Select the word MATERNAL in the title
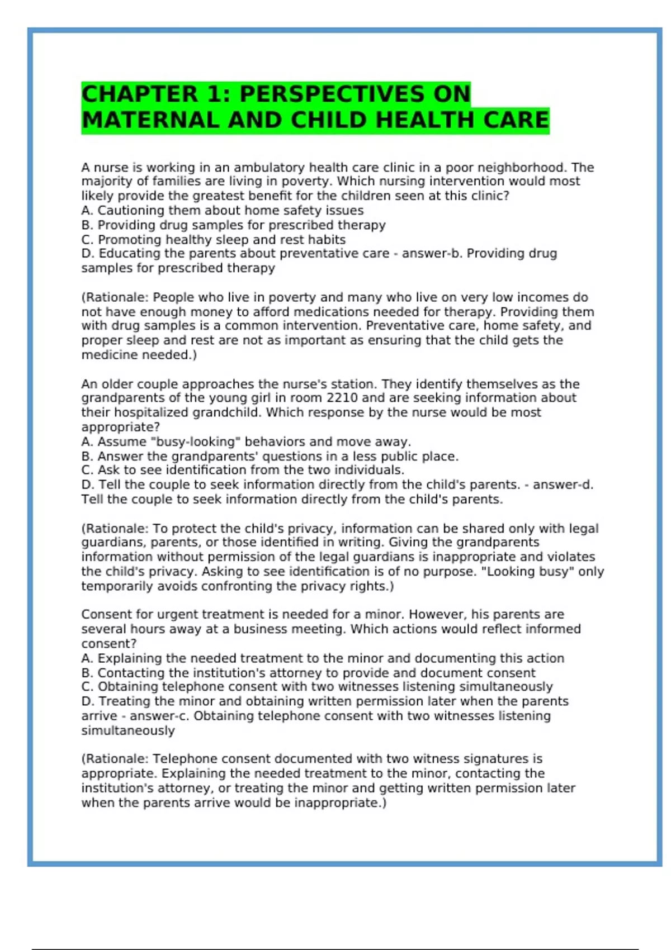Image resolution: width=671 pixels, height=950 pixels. [x=150, y=120]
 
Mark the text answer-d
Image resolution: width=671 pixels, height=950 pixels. [x=563, y=484]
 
